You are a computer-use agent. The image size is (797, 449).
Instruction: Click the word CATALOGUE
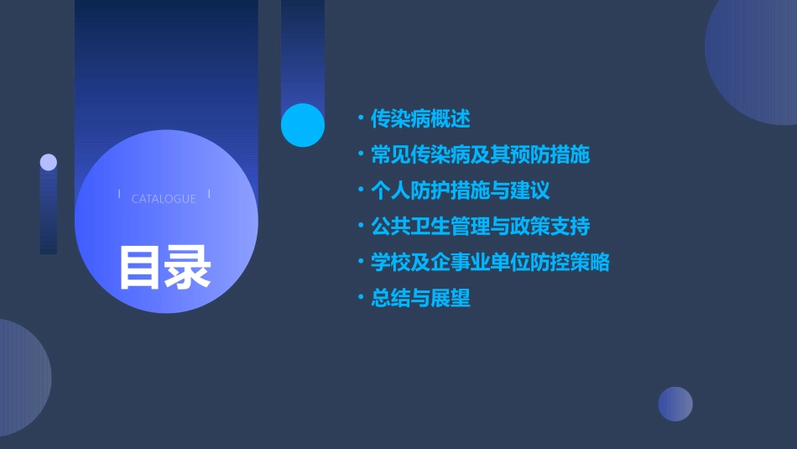click(x=164, y=199)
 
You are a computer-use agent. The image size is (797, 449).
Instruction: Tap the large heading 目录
click(x=164, y=267)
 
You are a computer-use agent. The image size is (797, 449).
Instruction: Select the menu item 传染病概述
click(x=420, y=119)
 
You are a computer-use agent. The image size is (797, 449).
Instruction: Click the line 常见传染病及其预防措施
click(x=481, y=155)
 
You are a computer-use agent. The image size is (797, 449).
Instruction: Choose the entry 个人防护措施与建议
click(x=461, y=191)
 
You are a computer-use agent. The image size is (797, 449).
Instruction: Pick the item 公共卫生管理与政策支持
click(x=481, y=227)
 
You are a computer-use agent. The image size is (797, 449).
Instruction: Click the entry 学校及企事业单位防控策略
click(x=491, y=262)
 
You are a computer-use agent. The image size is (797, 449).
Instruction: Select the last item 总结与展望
click(x=420, y=298)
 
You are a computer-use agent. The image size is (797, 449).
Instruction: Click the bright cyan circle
click(x=303, y=125)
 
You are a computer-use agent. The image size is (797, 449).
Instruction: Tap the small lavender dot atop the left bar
click(x=49, y=162)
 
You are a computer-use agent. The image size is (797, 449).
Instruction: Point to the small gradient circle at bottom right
click(x=675, y=404)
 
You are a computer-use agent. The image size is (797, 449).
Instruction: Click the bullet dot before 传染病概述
click(x=361, y=119)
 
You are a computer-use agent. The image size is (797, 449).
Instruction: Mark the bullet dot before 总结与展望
click(x=361, y=298)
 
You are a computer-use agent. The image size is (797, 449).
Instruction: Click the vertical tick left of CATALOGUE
click(x=119, y=195)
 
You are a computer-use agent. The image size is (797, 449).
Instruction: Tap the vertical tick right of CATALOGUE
click(x=209, y=195)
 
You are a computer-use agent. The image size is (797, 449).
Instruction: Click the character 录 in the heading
click(x=188, y=267)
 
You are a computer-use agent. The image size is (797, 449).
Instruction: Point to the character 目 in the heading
click(x=140, y=267)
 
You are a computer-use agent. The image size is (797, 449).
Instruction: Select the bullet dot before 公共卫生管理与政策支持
click(x=361, y=227)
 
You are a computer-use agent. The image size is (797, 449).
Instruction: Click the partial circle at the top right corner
click(x=755, y=59)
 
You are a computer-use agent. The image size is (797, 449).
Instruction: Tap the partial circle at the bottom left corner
click(x=21, y=378)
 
